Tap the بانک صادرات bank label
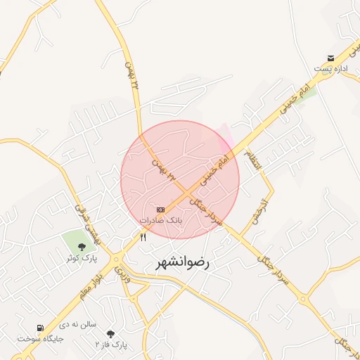pyautogui.click(x=161, y=220)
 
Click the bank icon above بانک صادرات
pyautogui.click(x=161, y=210)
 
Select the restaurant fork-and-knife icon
pyautogui.click(x=143, y=237)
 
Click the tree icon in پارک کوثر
pyautogui.click(x=82, y=246)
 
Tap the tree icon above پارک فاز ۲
pyautogui.click(x=110, y=333)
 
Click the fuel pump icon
pyautogui.click(x=40, y=328)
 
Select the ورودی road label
pyautogui.click(x=120, y=267)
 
